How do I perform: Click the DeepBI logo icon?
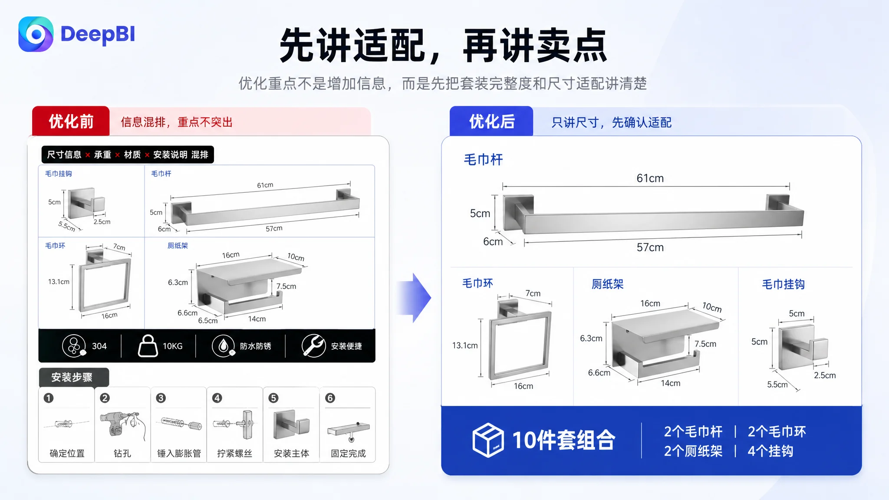click(x=36, y=34)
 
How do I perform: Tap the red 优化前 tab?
click(x=71, y=121)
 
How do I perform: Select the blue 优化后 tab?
click(x=491, y=121)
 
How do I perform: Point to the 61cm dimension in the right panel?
click(x=650, y=178)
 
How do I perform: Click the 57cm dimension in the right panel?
click(x=650, y=247)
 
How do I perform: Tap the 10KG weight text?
click(x=172, y=346)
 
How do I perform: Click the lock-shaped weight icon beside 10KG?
click(x=148, y=345)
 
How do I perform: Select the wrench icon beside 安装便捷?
click(x=313, y=345)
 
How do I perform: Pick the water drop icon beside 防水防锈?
click(x=224, y=346)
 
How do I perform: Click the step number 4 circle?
click(x=217, y=398)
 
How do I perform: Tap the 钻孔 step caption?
click(x=122, y=454)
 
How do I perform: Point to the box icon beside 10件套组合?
click(x=488, y=440)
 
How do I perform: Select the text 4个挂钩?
click(x=770, y=451)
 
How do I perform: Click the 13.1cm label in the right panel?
click(x=465, y=345)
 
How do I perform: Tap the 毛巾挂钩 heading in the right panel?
click(x=784, y=284)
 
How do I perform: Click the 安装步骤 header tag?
click(x=72, y=377)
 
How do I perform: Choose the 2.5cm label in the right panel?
click(x=825, y=375)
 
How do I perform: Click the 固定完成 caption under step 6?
click(x=348, y=454)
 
